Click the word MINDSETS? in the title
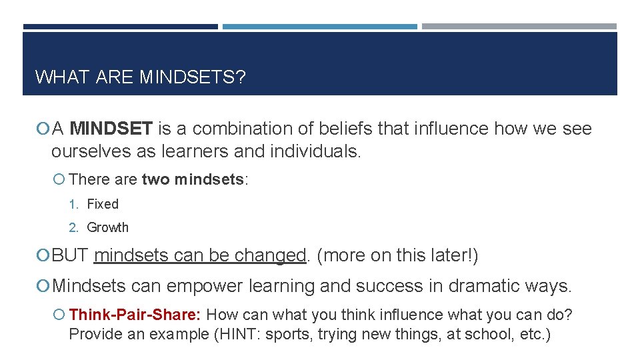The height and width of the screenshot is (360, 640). (x=193, y=77)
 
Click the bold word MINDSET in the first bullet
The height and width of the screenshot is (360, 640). (x=111, y=129)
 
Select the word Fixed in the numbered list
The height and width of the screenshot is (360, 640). (x=103, y=204)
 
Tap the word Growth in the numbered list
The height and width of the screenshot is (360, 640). (x=107, y=227)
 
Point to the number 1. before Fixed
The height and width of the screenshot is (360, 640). (x=74, y=204)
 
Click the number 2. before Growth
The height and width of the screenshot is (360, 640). (x=74, y=227)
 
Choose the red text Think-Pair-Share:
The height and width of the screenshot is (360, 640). (x=137, y=314)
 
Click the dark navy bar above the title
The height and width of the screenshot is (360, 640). (x=120, y=27)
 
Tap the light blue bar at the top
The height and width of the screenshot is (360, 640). (x=319, y=27)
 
